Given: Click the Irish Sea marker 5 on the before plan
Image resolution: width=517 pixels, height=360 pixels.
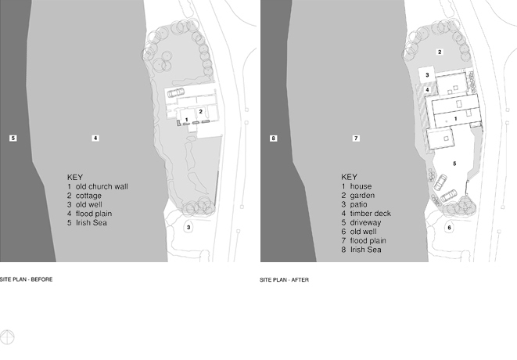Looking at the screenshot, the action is pos(13,138).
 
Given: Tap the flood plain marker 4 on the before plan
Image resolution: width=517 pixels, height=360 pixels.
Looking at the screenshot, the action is pos(95,138).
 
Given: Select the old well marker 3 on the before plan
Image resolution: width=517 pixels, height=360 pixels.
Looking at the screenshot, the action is pos(188,228).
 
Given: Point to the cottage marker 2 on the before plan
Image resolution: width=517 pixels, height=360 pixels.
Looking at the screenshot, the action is pos(200,112).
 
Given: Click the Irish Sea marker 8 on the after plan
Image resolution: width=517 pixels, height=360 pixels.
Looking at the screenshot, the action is pos(273,139).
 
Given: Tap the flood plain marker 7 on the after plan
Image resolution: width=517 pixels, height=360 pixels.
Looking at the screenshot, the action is pos(356,139).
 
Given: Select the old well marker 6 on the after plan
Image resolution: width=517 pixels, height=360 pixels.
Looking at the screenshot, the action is pos(449,228).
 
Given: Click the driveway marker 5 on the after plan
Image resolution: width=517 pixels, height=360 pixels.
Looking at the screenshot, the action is pos(454,164).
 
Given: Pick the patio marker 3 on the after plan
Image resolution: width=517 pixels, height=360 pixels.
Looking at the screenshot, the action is pos(427,75).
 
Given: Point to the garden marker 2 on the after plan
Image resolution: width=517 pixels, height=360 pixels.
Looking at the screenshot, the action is pos(440,52).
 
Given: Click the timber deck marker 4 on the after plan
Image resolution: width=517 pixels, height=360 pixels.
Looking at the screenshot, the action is pos(427,89).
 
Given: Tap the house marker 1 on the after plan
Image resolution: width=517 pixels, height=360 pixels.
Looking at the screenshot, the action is pos(456,118).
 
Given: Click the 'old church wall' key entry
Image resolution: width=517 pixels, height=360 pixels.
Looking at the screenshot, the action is pos(98,186).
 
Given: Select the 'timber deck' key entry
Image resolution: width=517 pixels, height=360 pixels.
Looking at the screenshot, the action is pos(366,214).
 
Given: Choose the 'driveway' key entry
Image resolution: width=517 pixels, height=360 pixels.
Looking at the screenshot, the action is pos(361,223).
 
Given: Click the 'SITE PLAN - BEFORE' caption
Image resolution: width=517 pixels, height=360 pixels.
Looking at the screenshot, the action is pos(26,279).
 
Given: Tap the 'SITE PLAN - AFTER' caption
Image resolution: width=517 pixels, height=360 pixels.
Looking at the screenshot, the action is pos(284,280).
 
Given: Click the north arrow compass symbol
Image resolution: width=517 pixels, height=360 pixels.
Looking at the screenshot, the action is pos(7,337).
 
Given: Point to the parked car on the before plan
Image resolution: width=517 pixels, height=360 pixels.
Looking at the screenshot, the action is pos(176,92).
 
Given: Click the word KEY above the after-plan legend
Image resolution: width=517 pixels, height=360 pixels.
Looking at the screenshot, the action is pos(349,177).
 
